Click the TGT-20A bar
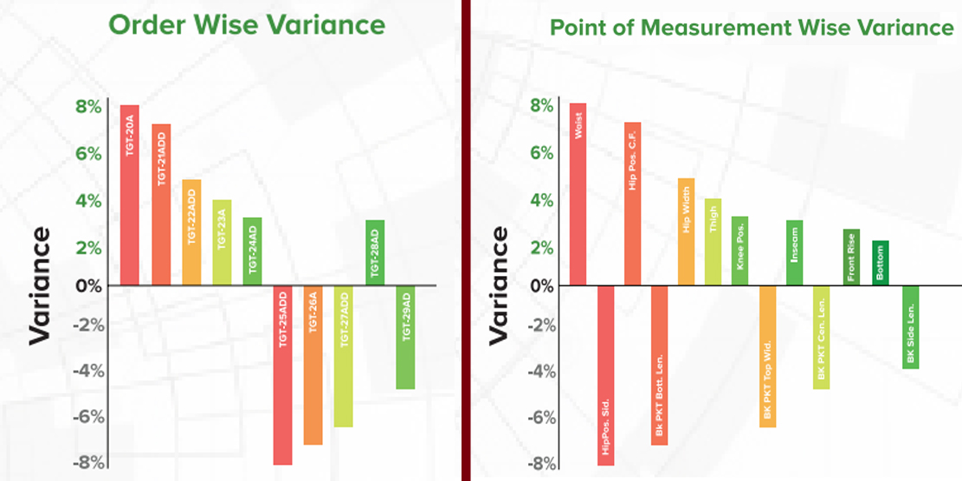point(130,195)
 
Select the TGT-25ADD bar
point(283,375)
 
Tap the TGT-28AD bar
point(375,253)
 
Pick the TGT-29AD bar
point(405,337)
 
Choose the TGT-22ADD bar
point(191,232)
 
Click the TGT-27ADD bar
point(344,356)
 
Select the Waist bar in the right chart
point(578,194)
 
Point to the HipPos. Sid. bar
point(605,375)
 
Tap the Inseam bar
point(794,253)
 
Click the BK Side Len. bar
point(910,327)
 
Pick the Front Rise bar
point(851,257)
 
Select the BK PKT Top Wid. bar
point(767,356)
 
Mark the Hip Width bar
point(686,232)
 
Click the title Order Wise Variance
point(247,24)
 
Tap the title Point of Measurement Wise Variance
point(752,28)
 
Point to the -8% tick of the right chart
point(538,464)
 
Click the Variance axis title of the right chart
point(499,286)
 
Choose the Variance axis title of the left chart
point(40,286)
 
